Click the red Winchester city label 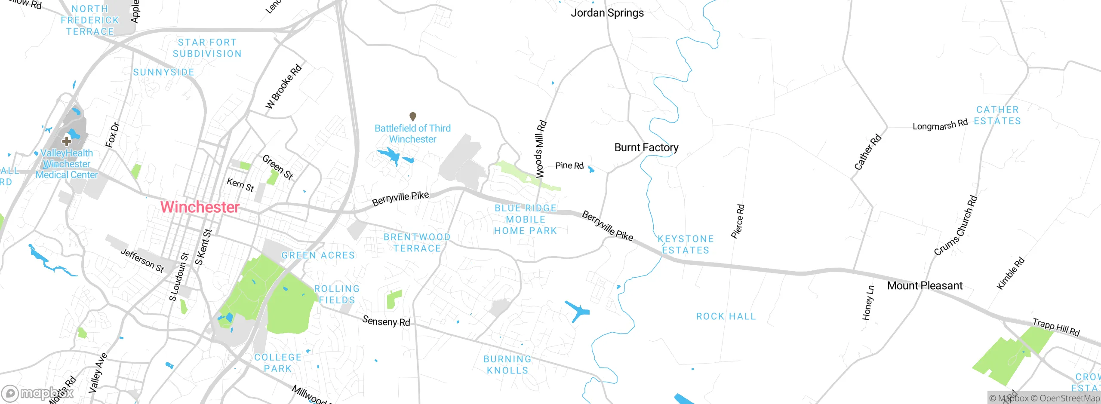point(200,207)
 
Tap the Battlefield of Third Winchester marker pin point(412,116)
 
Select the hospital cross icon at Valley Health point(67,141)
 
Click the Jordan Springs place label point(607,13)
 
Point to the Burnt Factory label point(646,147)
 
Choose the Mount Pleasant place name point(925,285)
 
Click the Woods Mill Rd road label point(540,149)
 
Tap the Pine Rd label point(569,165)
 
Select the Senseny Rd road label point(386,321)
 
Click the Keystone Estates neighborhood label point(686,244)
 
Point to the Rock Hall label point(726,316)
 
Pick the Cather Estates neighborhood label point(997,115)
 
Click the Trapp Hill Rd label point(1056,327)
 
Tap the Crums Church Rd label point(956,226)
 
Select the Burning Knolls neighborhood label point(507,364)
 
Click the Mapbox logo point(38,393)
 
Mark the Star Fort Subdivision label point(207,48)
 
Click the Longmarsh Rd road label point(940,125)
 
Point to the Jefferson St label point(142,260)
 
